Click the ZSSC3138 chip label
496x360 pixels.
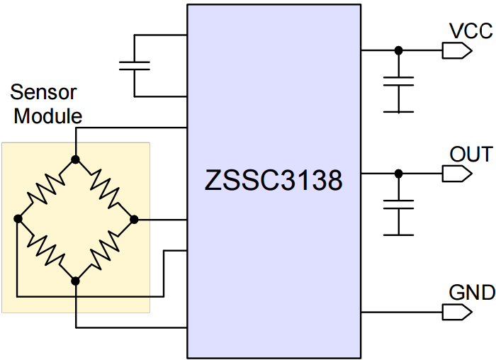click(x=274, y=181)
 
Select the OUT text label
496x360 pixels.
click(x=470, y=154)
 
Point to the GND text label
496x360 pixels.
click(x=471, y=293)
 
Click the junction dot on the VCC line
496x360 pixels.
click(x=398, y=50)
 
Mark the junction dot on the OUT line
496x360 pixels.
click(x=398, y=173)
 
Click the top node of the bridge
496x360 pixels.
click(x=75, y=159)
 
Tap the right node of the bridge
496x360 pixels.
click(x=135, y=220)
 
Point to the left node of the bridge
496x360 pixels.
click(x=17, y=220)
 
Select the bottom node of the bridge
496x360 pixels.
click(x=75, y=281)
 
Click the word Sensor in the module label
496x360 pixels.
click(x=44, y=93)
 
